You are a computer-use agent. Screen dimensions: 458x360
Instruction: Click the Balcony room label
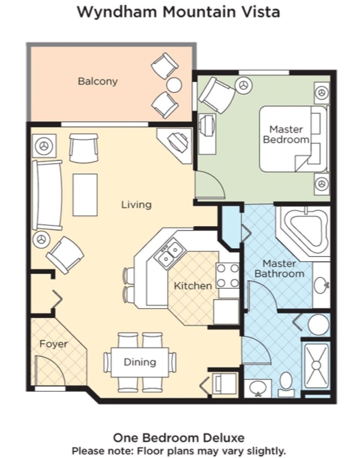97,81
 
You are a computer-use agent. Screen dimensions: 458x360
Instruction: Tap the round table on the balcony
174,85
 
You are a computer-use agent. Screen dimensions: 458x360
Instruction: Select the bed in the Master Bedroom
292,139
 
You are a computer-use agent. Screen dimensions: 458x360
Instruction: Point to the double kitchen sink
169,253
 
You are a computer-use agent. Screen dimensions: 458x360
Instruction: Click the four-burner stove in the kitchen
228,275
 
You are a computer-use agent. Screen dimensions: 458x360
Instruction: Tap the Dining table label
140,362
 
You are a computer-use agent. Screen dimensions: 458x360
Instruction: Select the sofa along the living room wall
47,195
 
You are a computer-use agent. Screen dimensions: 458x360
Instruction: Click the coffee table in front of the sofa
85,195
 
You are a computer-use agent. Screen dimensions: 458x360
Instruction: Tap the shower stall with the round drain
316,365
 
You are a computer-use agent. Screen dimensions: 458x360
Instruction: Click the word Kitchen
193,286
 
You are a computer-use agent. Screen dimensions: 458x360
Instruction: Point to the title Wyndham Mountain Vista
178,12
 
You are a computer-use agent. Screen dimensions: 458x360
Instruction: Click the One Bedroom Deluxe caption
179,437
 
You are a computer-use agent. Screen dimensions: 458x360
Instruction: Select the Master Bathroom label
279,269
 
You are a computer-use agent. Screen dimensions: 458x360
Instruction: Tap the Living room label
136,205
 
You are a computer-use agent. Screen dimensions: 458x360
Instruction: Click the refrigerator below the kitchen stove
226,311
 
